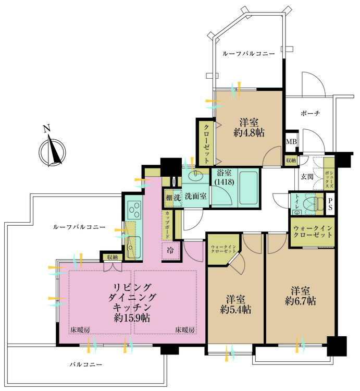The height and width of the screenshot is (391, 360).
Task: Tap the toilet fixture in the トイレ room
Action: point(311,203)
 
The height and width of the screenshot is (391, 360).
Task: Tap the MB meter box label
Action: point(290,141)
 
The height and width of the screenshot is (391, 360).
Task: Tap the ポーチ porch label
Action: point(310,113)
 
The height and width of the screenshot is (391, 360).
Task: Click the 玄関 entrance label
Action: point(306,177)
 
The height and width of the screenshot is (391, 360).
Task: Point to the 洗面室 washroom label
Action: point(195,197)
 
